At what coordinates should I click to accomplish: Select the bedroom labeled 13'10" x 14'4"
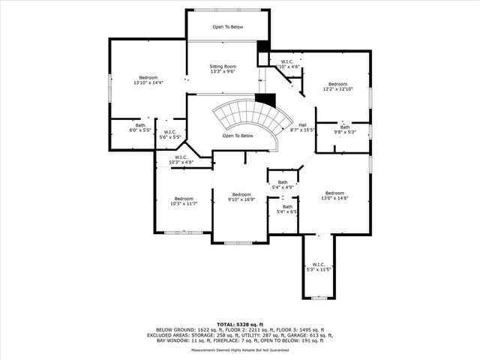[x=147, y=80]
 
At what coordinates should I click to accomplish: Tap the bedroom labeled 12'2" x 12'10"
[x=337, y=86]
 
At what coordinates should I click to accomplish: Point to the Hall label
[x=302, y=127]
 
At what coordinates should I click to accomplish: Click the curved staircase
[x=248, y=116]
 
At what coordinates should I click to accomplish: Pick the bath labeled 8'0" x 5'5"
[x=140, y=127]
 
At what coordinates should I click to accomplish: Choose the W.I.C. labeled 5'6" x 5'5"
[x=169, y=134]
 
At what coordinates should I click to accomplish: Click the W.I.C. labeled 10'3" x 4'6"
[x=181, y=160]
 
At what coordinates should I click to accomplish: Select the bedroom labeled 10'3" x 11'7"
[x=183, y=201]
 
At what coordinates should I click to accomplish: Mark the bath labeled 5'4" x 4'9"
[x=283, y=184]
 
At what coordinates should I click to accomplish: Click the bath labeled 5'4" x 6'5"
[x=287, y=209]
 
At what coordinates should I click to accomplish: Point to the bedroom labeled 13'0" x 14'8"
[x=334, y=195]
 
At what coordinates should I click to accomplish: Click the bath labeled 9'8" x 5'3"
[x=345, y=130]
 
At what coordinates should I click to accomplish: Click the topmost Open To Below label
[x=227, y=26]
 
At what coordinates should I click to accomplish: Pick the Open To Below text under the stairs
[x=238, y=136]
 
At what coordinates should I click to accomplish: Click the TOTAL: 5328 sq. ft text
[x=240, y=323]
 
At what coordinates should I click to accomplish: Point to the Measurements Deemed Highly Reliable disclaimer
[x=240, y=349]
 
